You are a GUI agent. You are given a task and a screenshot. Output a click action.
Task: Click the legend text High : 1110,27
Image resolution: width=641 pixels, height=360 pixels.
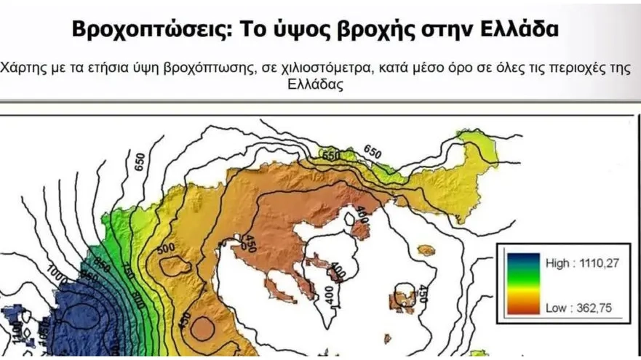(x=582, y=263)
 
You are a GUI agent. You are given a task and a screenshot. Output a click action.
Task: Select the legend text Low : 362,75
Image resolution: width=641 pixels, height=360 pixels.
(x=578, y=308)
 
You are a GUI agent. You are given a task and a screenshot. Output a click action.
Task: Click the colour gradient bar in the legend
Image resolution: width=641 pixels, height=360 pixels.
(x=523, y=284)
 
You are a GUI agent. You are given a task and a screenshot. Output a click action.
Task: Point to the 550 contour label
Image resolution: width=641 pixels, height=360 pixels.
(x=332, y=156)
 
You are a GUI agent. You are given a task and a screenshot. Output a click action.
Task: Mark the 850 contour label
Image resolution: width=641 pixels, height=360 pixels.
(x=103, y=267)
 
